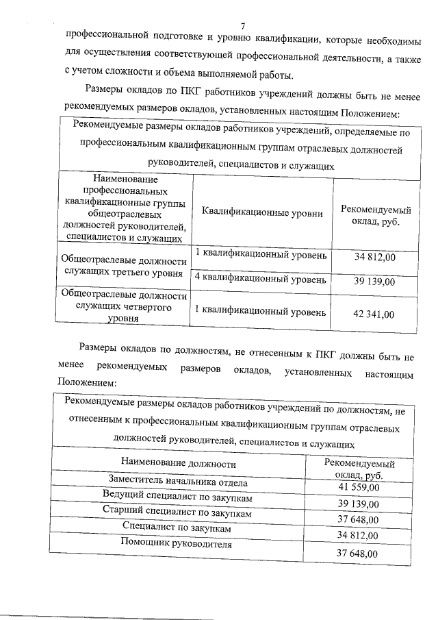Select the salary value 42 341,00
374,314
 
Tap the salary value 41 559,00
359,486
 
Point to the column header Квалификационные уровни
262,213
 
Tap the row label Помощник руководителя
177,544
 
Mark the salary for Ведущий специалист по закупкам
359,503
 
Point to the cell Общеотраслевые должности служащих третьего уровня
124,267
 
